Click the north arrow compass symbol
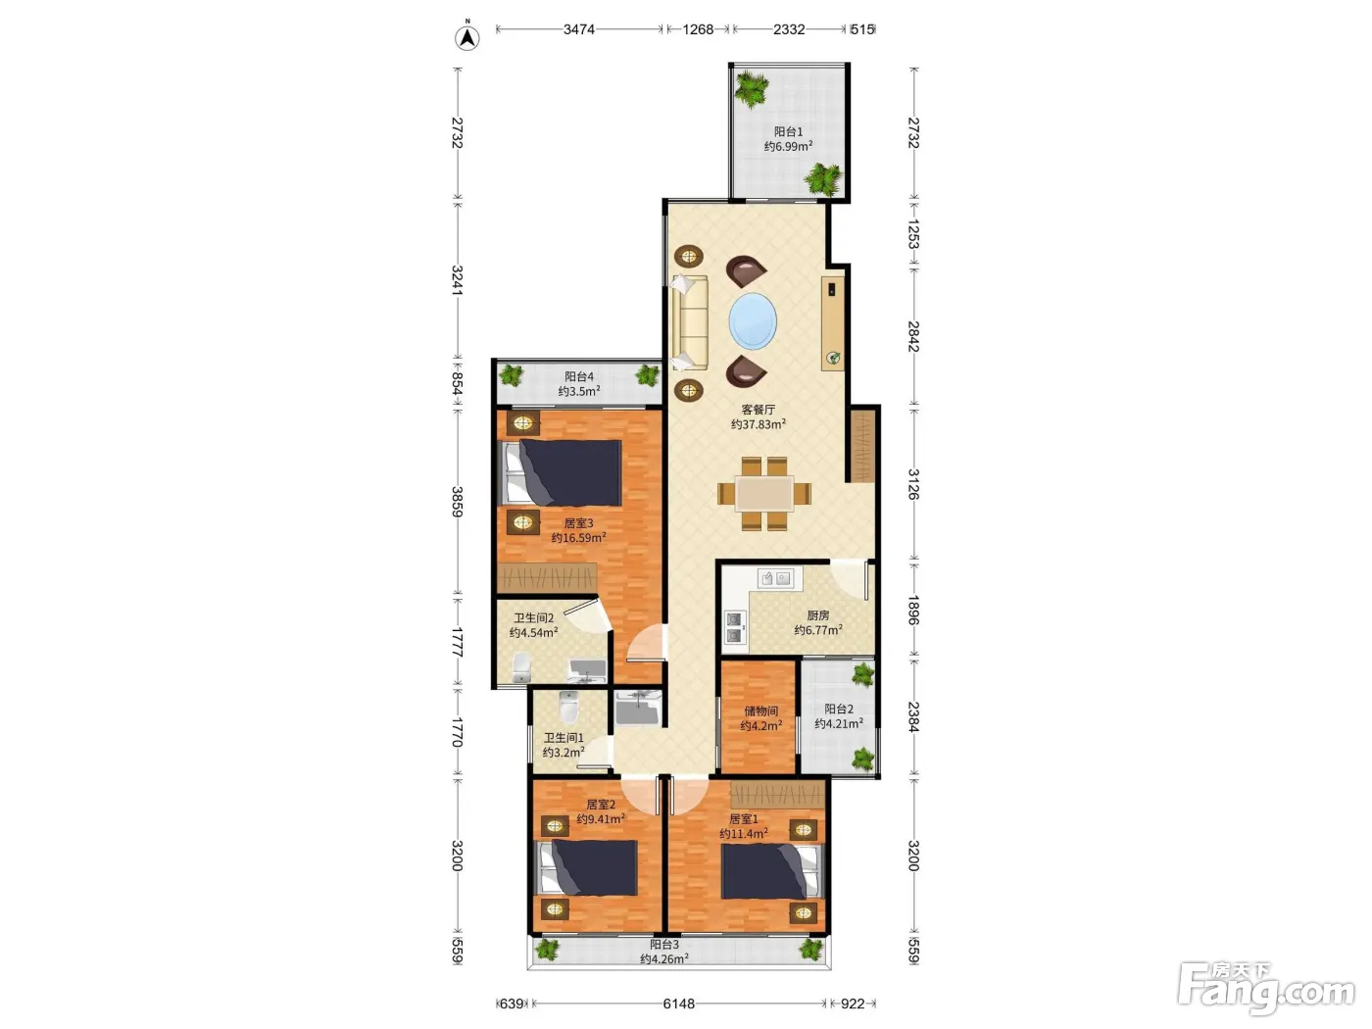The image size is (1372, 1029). [466, 37]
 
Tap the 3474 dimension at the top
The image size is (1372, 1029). [579, 29]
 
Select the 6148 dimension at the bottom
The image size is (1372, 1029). [679, 1004]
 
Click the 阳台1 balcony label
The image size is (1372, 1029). [788, 132]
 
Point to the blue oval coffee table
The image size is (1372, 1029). [753, 321]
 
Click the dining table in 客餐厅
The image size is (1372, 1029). [764, 494]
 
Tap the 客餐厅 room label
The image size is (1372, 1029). [759, 410]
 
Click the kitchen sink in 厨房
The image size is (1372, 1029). [776, 578]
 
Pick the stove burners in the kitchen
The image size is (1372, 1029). [734, 627]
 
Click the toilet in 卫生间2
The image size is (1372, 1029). [521, 668]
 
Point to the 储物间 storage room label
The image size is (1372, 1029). [760, 711]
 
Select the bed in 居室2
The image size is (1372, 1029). [588, 867]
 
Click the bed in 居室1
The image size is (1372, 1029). [770, 870]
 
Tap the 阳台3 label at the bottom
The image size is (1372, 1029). [663, 945]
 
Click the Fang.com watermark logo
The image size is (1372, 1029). [1266, 990]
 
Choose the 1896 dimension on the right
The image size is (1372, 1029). [913, 611]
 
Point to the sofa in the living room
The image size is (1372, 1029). [690, 322]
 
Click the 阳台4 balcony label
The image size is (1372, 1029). [579, 376]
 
